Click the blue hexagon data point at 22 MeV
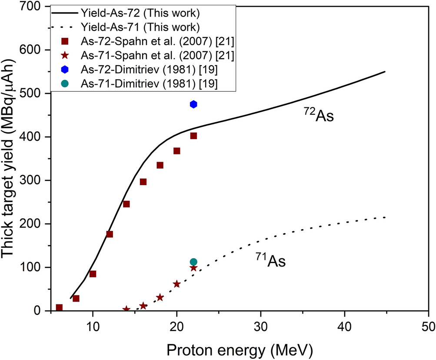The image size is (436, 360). [193, 104]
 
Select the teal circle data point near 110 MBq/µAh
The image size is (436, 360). [193, 262]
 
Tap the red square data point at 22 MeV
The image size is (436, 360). [193, 136]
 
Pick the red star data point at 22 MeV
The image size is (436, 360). [193, 268]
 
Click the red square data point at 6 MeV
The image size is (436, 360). [59, 307]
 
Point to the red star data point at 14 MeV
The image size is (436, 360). [126, 309]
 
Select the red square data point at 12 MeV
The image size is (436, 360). [110, 234]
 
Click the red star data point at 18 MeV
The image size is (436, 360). [160, 297]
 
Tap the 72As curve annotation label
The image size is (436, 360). [318, 116]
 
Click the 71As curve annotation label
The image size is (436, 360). [270, 261]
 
